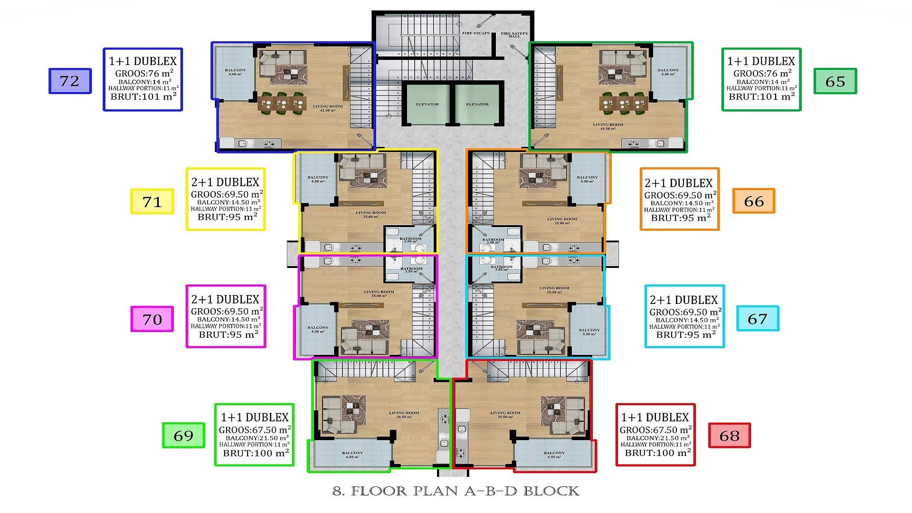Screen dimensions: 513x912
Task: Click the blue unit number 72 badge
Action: point(70,81)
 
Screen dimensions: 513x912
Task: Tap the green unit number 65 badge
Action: point(835,81)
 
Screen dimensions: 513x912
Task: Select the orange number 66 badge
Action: point(753,201)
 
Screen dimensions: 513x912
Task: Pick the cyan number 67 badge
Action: point(757,318)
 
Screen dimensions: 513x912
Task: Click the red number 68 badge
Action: point(729,435)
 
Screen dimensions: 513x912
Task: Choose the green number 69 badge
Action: point(183,435)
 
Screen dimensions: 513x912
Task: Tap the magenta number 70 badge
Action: point(152,319)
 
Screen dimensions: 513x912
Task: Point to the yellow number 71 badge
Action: point(152,201)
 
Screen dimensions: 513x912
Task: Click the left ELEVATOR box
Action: point(427,104)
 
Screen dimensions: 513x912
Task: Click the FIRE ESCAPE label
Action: point(476,33)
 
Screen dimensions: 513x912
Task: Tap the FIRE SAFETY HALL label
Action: point(514,35)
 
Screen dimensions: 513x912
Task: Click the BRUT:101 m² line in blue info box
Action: point(143,96)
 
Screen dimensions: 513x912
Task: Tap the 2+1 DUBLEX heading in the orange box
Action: point(679,183)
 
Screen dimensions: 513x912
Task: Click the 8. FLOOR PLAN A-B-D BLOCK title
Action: point(456,491)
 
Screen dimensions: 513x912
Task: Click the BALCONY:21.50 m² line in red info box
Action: point(655,438)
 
